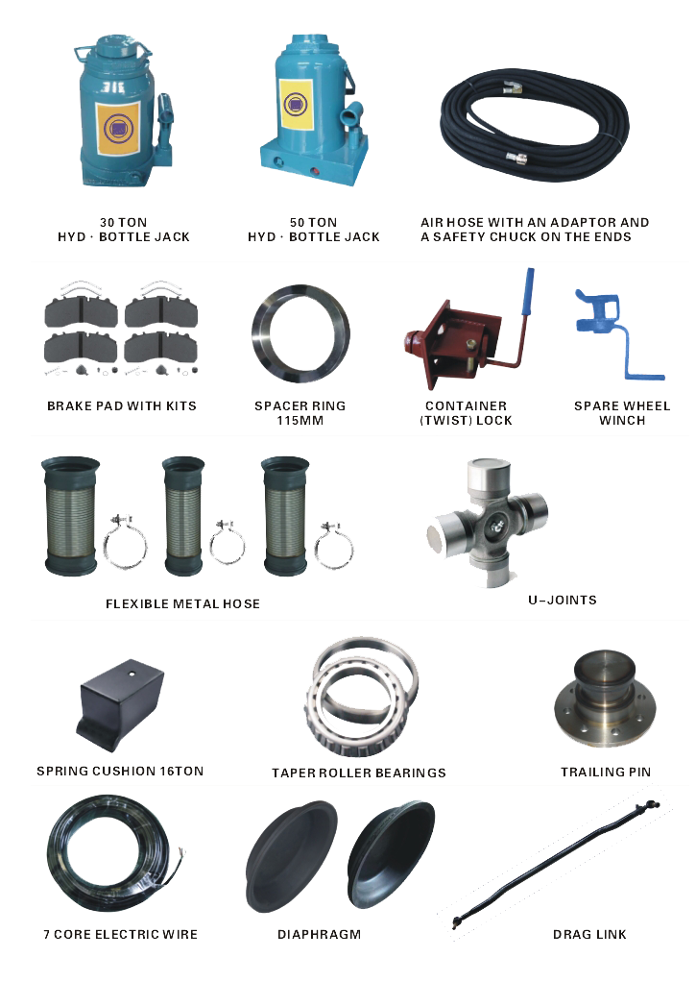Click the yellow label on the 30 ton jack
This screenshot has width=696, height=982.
[x=117, y=129]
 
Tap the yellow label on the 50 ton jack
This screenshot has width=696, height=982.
[x=296, y=104]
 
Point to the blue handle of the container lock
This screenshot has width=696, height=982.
[x=528, y=292]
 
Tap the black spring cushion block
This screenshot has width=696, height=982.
[x=120, y=704]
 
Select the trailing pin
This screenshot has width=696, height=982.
[x=605, y=698]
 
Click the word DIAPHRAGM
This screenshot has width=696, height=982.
[x=320, y=934]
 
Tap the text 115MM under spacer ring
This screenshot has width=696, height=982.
[x=300, y=420]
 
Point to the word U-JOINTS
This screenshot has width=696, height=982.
[x=562, y=600]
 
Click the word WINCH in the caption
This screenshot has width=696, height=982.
[x=622, y=420]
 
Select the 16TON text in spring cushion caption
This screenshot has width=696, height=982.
[x=181, y=771]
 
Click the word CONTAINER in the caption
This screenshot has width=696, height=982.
[x=467, y=405]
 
